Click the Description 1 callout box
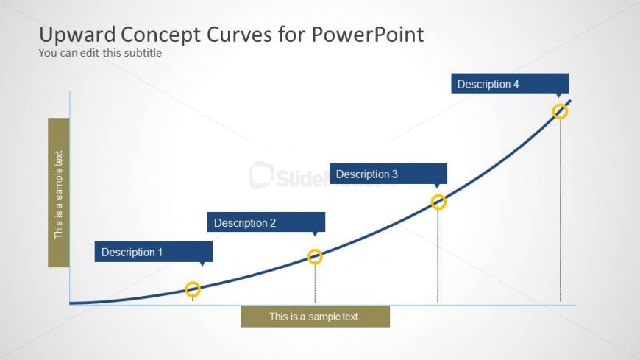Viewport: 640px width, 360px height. (x=154, y=252)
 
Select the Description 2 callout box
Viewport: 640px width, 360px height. (x=266, y=222)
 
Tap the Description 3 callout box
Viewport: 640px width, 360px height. (x=388, y=174)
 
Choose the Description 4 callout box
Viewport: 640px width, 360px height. (x=510, y=84)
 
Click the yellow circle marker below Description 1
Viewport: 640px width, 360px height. (x=193, y=289)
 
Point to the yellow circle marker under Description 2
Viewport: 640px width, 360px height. (x=315, y=257)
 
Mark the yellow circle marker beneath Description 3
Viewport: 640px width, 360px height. (x=438, y=202)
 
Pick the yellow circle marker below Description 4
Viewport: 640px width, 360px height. (x=560, y=111)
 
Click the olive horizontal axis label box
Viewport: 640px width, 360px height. (x=315, y=317)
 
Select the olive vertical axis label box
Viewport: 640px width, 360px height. (x=59, y=192)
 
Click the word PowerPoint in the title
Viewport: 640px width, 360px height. (x=368, y=35)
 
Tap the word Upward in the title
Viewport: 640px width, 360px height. (x=77, y=35)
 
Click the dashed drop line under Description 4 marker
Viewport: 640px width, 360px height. (x=561, y=211)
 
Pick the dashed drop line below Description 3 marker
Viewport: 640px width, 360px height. (x=438, y=256)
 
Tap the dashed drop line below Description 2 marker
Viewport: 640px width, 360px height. (x=315, y=283)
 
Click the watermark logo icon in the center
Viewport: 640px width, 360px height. (x=261, y=175)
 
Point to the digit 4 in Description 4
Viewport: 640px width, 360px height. (x=516, y=84)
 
